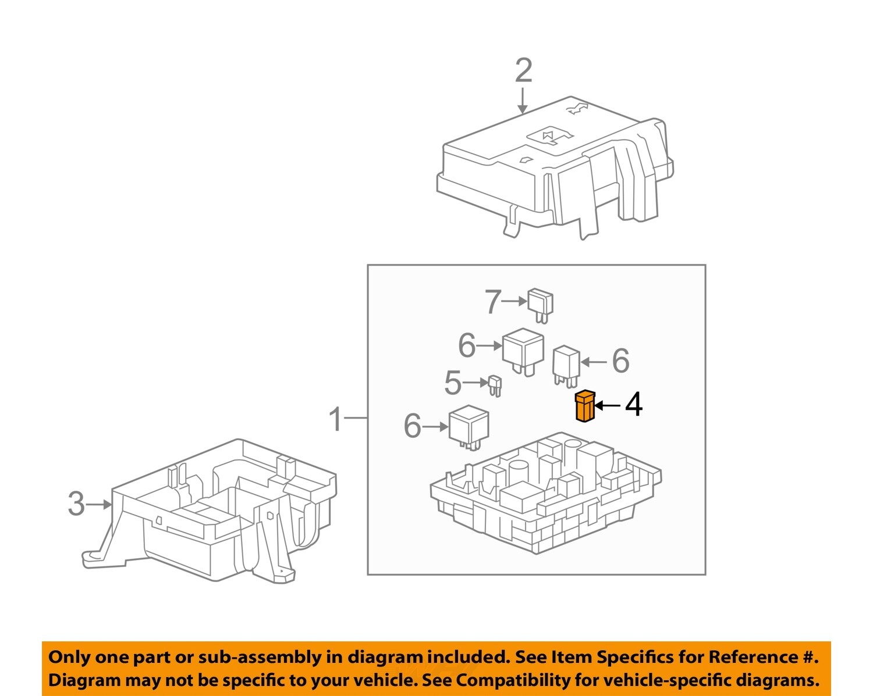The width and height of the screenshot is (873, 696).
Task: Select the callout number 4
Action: (x=634, y=404)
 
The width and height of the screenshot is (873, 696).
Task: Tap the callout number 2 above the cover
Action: (x=523, y=71)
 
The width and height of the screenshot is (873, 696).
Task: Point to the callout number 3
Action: (x=76, y=504)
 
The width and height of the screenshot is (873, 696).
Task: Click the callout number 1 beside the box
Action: (x=335, y=419)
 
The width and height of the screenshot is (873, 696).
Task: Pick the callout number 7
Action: (x=492, y=302)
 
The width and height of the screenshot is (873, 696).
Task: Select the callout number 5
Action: (x=453, y=383)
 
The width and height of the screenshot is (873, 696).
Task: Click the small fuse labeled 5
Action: (x=495, y=385)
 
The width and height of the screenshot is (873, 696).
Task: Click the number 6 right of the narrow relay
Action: (x=620, y=361)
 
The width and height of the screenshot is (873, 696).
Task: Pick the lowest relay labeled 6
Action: (x=469, y=427)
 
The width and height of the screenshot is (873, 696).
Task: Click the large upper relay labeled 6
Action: (x=523, y=350)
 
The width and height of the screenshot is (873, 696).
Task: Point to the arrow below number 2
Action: (x=523, y=101)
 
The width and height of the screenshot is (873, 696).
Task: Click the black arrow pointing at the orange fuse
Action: (x=608, y=405)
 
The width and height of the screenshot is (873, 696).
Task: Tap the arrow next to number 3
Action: (x=100, y=504)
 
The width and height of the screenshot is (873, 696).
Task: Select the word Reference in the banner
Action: (x=753, y=657)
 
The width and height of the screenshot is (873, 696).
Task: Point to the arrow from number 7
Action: (x=514, y=301)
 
